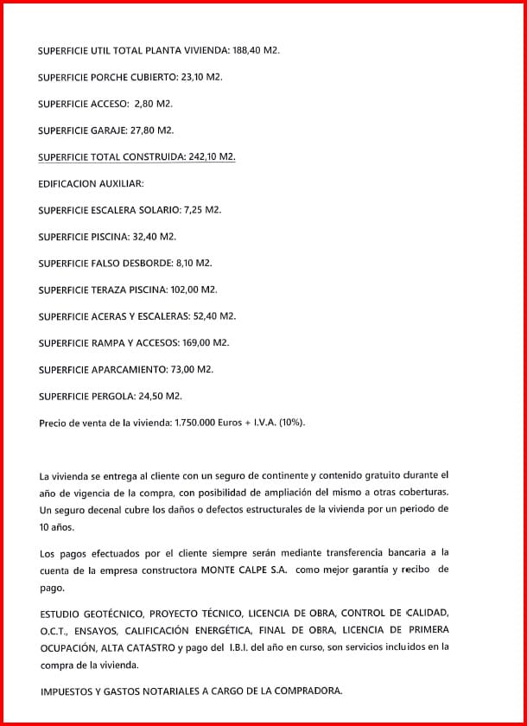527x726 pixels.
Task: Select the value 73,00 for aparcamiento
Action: tap(184, 369)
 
